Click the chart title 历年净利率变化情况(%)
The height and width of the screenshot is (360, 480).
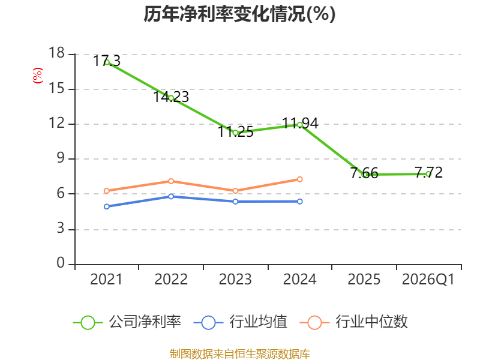coord(239,14)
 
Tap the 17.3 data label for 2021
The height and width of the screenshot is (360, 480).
coord(107,61)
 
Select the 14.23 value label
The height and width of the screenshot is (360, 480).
coord(171,97)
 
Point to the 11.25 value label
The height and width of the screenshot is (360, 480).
coord(235,131)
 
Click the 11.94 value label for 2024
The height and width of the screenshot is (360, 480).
coord(300,124)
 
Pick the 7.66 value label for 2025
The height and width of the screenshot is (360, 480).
coord(364,173)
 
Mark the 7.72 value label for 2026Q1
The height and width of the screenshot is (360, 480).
coord(428,172)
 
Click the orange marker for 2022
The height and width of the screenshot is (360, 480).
coord(171,181)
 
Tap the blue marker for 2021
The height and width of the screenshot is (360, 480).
coord(107,206)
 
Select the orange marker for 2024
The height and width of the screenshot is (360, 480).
coord(299,179)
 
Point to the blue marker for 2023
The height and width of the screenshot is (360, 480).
coord(235,202)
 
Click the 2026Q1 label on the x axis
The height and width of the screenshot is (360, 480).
coord(428,279)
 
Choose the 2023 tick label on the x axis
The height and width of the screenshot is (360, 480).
coord(235,279)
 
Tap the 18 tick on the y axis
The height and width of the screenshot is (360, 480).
coord(56,53)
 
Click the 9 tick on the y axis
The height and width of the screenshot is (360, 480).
coord(61,158)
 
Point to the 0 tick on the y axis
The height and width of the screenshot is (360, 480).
coord(61,263)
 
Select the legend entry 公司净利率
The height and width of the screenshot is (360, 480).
coord(127,322)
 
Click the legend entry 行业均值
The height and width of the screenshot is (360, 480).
coord(241,322)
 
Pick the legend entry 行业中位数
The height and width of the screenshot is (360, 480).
coord(353,322)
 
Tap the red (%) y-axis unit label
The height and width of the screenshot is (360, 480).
coord(38,76)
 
